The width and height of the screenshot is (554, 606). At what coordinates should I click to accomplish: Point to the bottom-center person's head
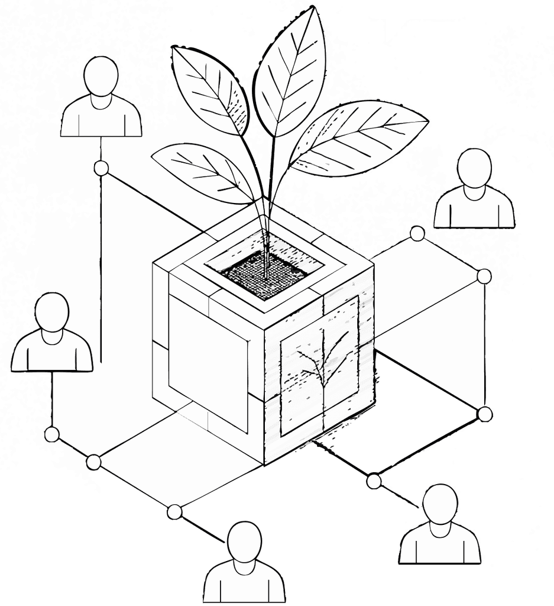tap(244, 540)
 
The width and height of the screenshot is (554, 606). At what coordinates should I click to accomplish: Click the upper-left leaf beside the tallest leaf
tap(210, 89)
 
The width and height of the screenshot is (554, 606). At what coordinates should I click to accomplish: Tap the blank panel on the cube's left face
tap(207, 361)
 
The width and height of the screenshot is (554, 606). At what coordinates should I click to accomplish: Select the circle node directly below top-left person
tap(101, 168)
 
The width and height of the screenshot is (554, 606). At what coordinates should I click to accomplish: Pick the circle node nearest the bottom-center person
tap(174, 512)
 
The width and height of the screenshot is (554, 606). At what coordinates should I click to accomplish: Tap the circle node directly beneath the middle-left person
tap(52, 435)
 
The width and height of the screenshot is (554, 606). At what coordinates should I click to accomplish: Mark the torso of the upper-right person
tap(474, 210)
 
